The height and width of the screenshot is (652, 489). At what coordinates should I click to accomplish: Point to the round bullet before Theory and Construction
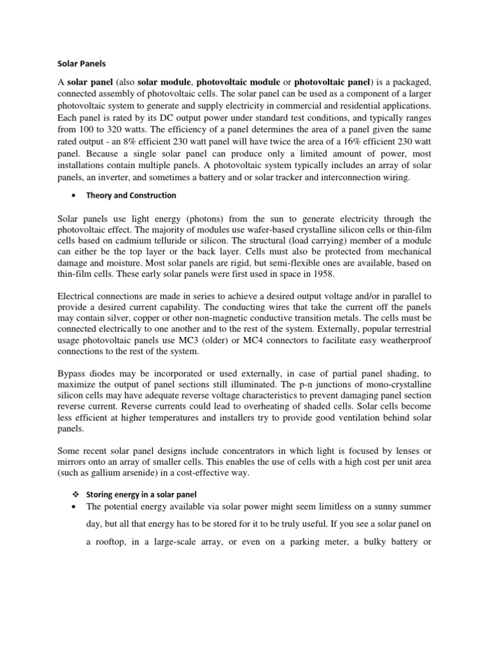(75, 195)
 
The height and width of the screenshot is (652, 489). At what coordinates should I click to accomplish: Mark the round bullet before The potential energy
(75, 507)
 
